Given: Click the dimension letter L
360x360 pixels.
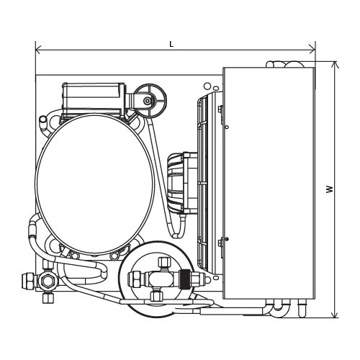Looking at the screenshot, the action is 171,44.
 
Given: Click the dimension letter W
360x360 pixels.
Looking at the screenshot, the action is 330,189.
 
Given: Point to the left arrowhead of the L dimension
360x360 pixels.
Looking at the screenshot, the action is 38,50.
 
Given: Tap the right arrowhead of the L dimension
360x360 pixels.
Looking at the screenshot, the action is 312,50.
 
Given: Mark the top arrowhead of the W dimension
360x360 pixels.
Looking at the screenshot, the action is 335,65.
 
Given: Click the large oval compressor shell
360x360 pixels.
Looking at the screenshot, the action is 95,184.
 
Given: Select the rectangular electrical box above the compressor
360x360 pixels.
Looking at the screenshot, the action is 94,99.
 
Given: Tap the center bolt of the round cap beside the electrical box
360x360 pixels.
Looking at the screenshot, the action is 147,101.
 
